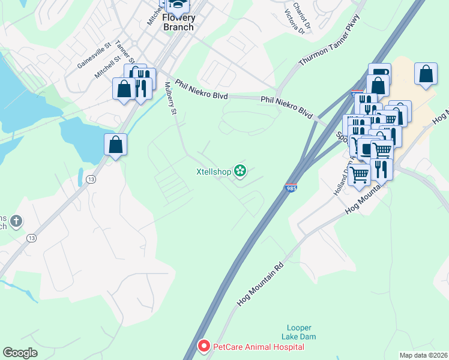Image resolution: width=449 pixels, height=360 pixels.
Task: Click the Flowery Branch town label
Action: (x=179, y=23)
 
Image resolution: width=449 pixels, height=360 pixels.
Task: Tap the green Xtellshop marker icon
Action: (x=240, y=172)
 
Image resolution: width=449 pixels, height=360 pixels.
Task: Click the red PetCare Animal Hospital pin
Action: (x=204, y=346)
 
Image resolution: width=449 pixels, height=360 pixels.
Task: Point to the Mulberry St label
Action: (x=170, y=99)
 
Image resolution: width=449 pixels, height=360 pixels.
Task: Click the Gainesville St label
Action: (x=95, y=54)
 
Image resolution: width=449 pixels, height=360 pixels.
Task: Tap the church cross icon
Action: (x=16, y=222)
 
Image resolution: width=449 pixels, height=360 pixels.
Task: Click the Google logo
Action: (x=20, y=353)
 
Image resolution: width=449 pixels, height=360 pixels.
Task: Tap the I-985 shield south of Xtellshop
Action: (x=291, y=188)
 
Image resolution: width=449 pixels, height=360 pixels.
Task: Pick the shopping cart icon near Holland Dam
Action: (x=360, y=174)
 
